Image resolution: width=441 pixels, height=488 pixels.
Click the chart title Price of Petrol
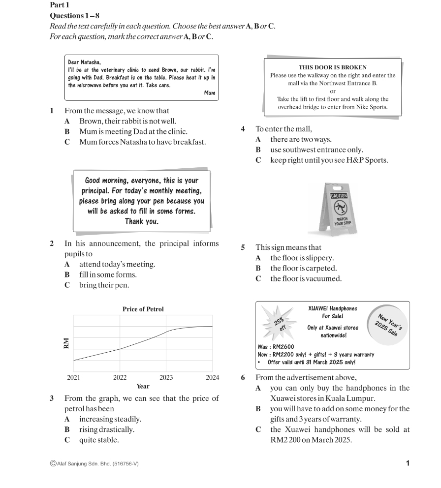tap(143, 309)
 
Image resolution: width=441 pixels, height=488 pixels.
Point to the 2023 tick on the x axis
tap(166, 378)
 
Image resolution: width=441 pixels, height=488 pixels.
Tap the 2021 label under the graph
tap(73, 378)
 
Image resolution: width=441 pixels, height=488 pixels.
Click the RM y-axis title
tap(66, 343)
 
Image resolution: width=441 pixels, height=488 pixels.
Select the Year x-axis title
tap(143, 387)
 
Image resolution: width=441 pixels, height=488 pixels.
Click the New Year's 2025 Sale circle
tap(388, 325)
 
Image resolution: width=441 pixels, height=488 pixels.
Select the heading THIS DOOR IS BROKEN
tap(332, 67)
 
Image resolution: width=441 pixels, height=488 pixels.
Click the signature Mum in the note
tap(210, 92)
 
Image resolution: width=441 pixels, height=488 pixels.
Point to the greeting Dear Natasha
tap(84, 62)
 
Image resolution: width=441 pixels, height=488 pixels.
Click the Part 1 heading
tap(60, 4)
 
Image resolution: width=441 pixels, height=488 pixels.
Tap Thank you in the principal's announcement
tap(141, 221)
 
